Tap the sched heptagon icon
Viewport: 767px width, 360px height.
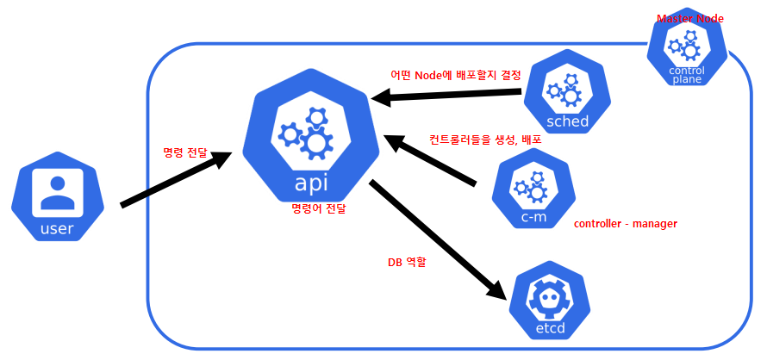coord(567,94)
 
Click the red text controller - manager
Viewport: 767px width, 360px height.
coord(625,224)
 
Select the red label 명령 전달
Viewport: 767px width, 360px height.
coord(185,152)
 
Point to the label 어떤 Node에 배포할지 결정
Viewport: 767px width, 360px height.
coord(456,75)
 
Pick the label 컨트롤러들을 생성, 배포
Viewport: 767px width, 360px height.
coord(485,139)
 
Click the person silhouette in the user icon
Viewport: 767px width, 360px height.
coord(57,192)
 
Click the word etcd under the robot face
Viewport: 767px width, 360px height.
coord(552,327)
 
